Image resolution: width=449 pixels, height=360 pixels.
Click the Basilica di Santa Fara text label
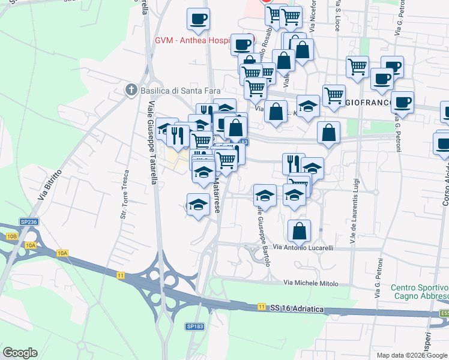[x=170, y=91]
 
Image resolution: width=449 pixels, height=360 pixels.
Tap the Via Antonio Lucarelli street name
[x=303, y=247]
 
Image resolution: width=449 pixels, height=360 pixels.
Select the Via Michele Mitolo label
[x=311, y=283]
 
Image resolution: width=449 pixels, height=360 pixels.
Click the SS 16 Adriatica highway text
[x=297, y=308]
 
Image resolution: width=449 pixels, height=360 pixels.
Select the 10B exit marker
[x=12, y=237]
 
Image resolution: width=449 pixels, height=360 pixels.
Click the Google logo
[x=20, y=353]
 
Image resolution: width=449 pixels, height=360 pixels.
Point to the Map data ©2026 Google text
[x=412, y=355]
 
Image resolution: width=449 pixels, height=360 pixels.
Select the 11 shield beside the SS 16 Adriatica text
[x=261, y=307]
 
